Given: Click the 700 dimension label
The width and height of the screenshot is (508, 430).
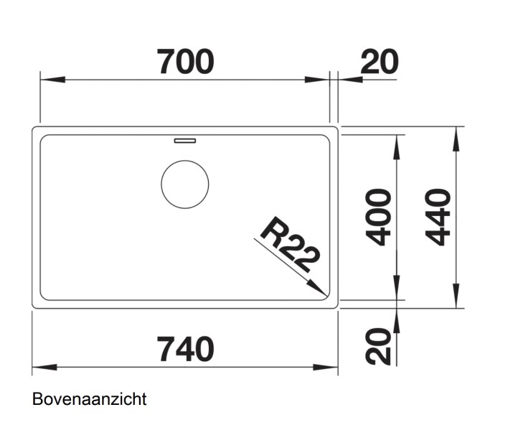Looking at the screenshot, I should click(186, 62).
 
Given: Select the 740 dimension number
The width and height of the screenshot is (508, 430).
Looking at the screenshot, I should click(186, 350).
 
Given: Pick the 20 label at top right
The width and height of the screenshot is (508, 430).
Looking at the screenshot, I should click(379, 62).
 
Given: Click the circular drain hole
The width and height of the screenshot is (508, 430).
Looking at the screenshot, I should click(185, 184).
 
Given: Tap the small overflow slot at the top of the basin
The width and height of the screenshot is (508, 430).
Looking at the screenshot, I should click(184, 139).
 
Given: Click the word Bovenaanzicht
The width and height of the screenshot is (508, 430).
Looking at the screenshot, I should click(89, 399).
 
